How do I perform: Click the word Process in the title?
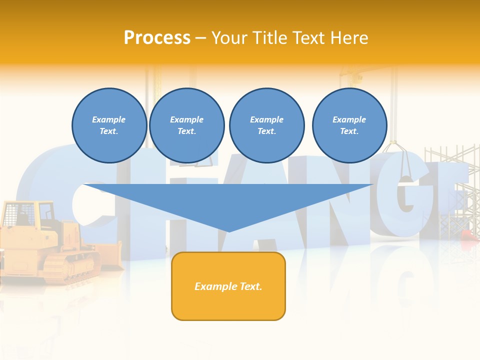click(157, 38)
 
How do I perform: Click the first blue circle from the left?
click(109, 125)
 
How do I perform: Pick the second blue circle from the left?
click(187, 125)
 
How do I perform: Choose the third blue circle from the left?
click(267, 125)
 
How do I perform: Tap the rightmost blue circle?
click(349, 125)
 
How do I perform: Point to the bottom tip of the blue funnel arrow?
click(229, 231)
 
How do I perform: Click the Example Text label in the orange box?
click(228, 286)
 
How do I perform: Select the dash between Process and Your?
click(200, 38)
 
